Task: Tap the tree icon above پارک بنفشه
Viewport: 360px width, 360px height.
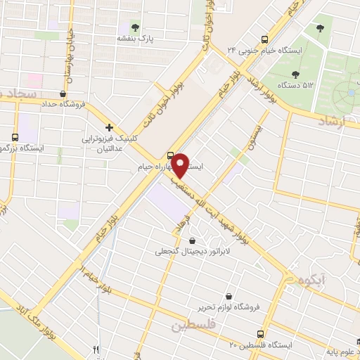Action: (x=136, y=27)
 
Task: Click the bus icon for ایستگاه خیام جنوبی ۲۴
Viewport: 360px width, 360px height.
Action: (x=264, y=39)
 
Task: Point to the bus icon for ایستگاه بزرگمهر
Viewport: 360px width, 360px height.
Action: (x=15, y=137)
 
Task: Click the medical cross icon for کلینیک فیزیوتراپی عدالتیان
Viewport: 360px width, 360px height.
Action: (x=109, y=127)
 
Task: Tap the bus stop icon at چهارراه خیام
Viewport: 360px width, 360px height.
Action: (x=170, y=155)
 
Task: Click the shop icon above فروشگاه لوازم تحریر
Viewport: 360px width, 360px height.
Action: (x=229, y=296)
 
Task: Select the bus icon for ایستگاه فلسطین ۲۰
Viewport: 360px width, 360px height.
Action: (x=262, y=333)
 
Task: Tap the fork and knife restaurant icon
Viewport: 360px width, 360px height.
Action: (x=96, y=349)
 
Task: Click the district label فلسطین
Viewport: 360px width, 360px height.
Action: (x=193, y=326)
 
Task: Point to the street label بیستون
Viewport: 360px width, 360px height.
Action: (x=243, y=139)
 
